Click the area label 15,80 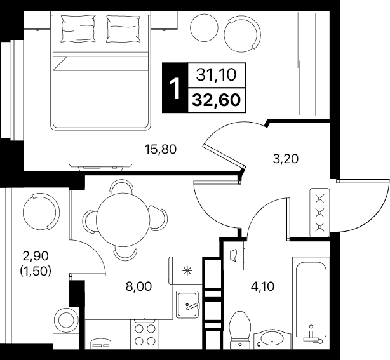click(x=161, y=150)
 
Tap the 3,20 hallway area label click(x=285, y=159)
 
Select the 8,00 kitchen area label click(x=139, y=286)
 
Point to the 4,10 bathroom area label click(x=262, y=286)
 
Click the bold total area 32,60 click(x=217, y=100)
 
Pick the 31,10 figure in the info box click(x=216, y=75)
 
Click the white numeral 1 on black click(x=175, y=88)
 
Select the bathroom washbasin click(x=272, y=339)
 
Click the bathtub click(x=311, y=303)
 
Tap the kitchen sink click(x=188, y=304)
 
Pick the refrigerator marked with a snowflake click(x=185, y=270)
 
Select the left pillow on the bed click(x=78, y=29)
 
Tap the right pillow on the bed click(x=123, y=29)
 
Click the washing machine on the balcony click(x=66, y=320)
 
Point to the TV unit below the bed click(x=100, y=167)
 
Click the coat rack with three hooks click(x=319, y=212)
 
